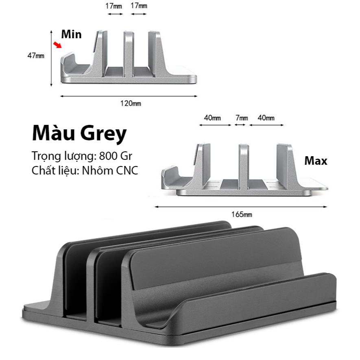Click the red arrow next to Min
[x=57, y=45]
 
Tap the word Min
[x=72, y=35]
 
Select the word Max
[x=316, y=161]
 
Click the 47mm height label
[x=36, y=56]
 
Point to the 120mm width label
[x=131, y=103]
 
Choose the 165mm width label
[x=242, y=214]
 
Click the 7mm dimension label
[x=242, y=118]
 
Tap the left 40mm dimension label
[x=212, y=118]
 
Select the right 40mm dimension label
[x=266, y=118]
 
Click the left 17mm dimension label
[x=113, y=6]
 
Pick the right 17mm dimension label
[x=139, y=6]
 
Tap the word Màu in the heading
[x=54, y=133]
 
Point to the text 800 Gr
[x=116, y=156]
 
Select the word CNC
[x=127, y=170]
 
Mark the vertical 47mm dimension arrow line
[x=51, y=59]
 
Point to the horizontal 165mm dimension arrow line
[x=241, y=207]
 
